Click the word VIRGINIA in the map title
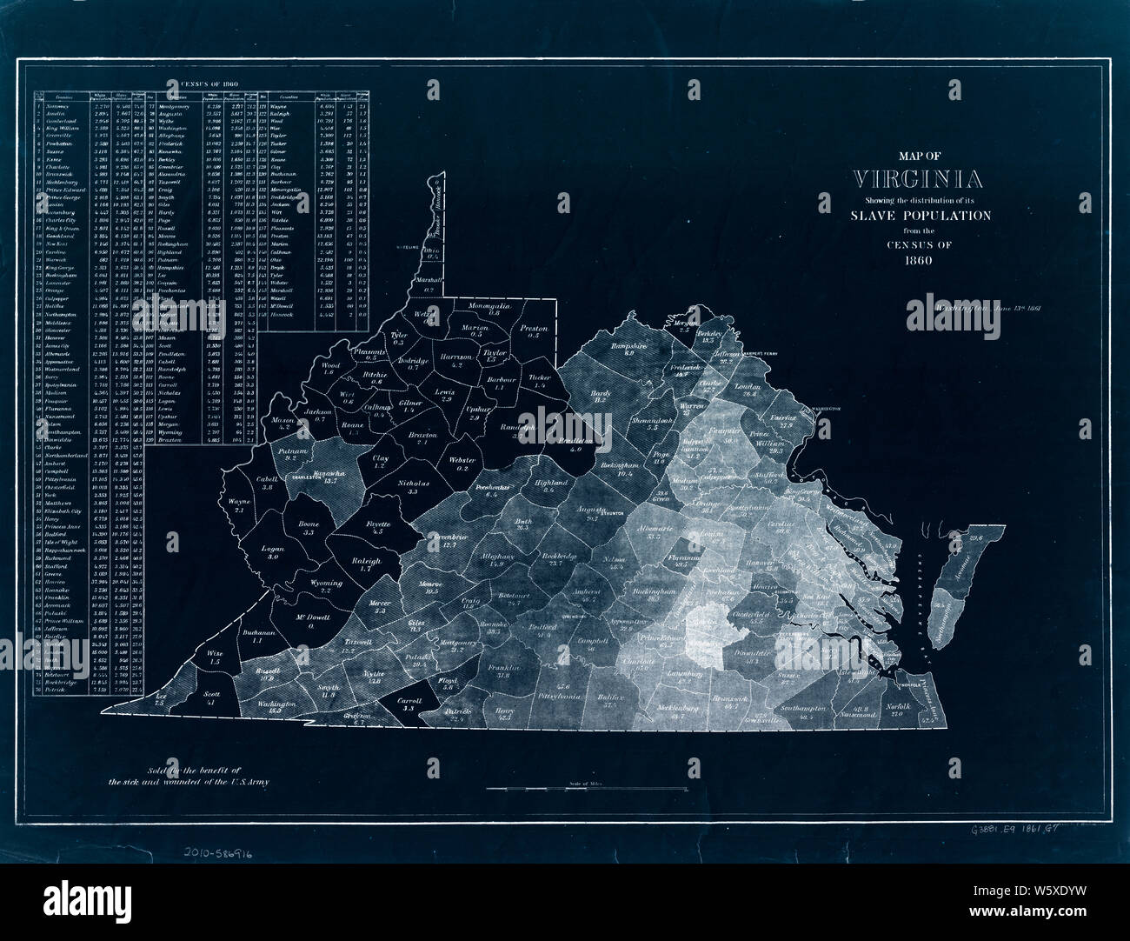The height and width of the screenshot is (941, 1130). click(x=920, y=180)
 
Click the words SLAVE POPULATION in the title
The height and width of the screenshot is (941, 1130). click(x=920, y=216)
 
